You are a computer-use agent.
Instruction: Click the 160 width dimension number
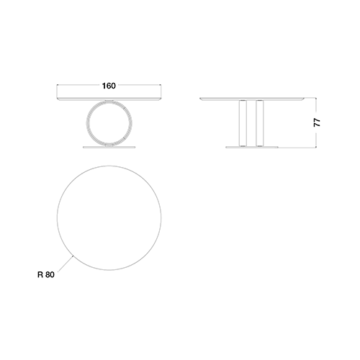point(109,86)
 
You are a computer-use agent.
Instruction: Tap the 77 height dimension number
point(317,122)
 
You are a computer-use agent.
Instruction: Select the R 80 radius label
point(46,274)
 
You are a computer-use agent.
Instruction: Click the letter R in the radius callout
point(40,274)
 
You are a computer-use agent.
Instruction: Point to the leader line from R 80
point(66,264)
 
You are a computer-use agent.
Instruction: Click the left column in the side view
point(243,123)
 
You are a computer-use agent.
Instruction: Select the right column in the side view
point(260,123)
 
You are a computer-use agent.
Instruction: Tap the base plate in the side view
point(252,147)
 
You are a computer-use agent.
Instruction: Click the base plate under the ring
point(109,147)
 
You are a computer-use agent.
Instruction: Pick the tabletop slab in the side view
point(252,99)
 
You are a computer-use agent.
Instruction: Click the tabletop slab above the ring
point(109,99)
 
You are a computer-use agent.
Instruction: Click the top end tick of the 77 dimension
point(316,98)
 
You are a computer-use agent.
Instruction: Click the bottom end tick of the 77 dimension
point(316,148)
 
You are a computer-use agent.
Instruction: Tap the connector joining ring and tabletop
point(109,100)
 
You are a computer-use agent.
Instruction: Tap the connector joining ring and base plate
point(109,145)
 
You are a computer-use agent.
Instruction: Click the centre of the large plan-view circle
point(109,218)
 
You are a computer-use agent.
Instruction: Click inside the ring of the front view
point(109,123)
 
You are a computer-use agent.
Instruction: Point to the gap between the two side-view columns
point(251,123)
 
